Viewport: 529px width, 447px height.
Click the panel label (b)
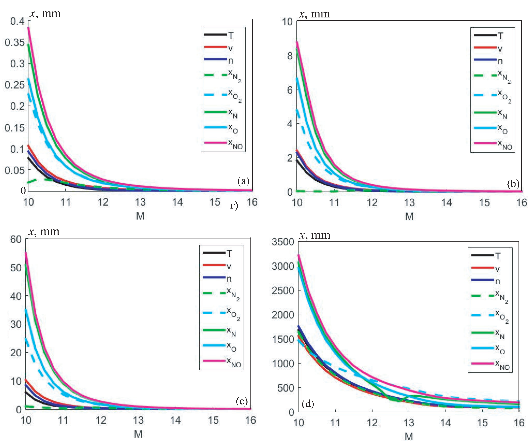[513, 183]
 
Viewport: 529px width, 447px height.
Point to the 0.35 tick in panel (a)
[15, 42]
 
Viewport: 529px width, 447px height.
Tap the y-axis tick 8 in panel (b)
[290, 56]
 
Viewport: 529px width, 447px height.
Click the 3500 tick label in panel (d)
[283, 242]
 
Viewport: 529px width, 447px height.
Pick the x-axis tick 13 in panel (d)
[409, 423]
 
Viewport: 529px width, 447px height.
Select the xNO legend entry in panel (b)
[493, 144]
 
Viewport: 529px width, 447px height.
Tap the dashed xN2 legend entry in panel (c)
[221, 294]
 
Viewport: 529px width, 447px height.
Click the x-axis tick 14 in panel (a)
[177, 202]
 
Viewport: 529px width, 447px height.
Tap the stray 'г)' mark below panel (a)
[234, 206]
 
